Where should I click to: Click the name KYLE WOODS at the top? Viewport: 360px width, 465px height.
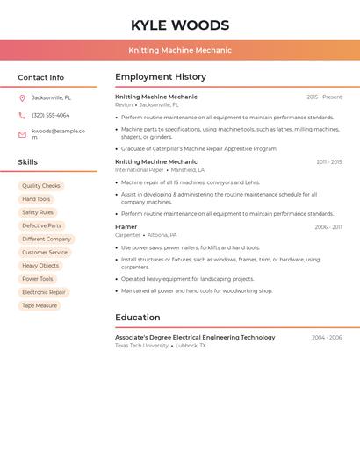pos(180,25)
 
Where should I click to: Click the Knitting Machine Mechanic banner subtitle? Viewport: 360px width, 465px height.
pos(180,50)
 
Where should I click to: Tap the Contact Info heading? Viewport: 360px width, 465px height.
pos(41,77)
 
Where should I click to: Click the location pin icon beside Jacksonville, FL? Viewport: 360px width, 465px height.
pos(22,98)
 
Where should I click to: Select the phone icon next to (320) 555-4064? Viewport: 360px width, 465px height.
pos(22,115)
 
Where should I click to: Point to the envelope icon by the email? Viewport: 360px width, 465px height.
pos(22,134)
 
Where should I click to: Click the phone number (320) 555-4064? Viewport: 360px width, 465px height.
pos(51,115)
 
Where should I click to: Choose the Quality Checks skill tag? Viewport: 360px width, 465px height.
pos(41,186)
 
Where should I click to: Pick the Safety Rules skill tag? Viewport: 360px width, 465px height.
pos(38,212)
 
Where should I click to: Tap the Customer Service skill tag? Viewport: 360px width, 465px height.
pos(45,253)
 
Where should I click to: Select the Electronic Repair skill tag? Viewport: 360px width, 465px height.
pos(44,292)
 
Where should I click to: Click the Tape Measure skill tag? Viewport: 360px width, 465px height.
pos(40,305)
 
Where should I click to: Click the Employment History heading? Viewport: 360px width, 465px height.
pos(161,77)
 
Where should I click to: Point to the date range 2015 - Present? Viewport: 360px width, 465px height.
pos(324,97)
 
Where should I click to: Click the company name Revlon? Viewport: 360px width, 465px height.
pos(124,104)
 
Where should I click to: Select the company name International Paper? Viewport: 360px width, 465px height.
pos(139,169)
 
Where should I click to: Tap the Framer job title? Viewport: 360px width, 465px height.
pos(126,227)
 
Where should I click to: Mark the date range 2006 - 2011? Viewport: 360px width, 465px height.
pos(328,227)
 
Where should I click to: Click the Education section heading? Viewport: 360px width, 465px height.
pos(138,318)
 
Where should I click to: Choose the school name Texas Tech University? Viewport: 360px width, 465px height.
pos(141,346)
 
